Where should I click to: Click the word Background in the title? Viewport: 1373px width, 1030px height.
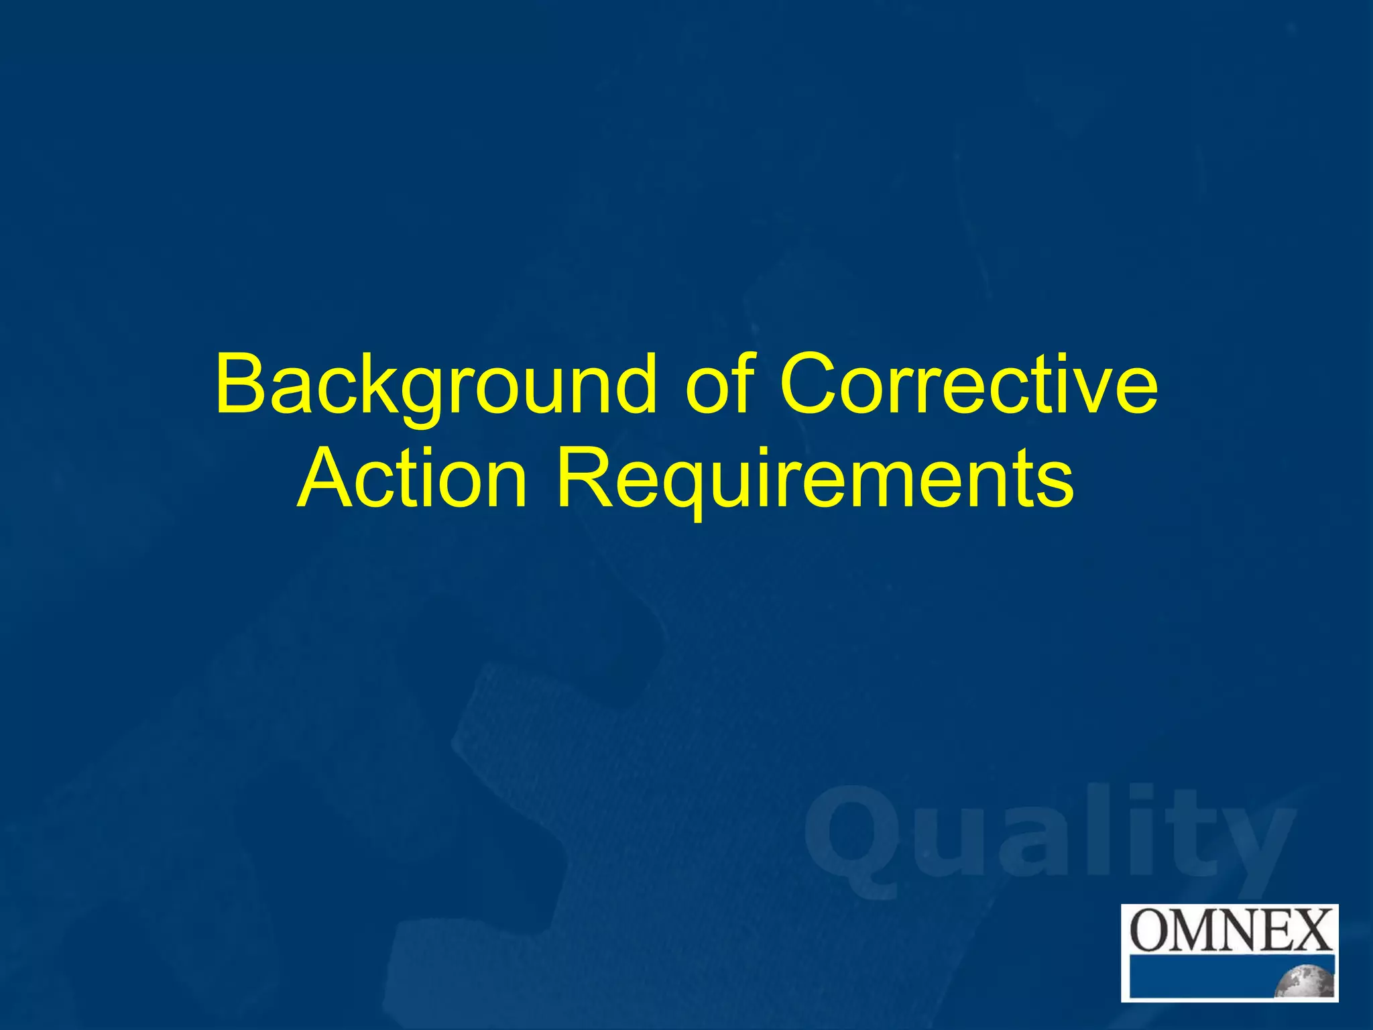pos(436,386)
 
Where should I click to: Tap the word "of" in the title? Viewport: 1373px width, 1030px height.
pos(721,385)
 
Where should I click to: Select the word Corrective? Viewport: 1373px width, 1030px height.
pos(968,385)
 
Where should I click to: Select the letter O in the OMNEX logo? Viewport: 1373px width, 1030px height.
pos(1150,930)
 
